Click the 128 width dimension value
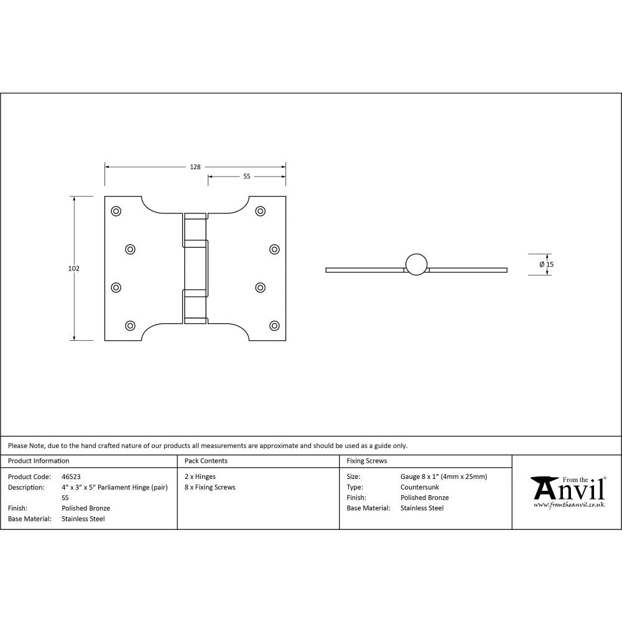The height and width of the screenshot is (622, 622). [x=195, y=167]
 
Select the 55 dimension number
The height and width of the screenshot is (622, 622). [x=246, y=177]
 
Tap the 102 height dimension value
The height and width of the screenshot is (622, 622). [x=74, y=269]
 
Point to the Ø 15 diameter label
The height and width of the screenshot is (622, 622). [x=546, y=264]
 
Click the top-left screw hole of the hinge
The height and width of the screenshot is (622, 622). [x=116, y=211]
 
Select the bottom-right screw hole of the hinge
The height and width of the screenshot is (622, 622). [x=274, y=325]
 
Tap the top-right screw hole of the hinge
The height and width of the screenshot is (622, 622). [x=260, y=211]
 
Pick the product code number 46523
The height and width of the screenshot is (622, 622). [x=71, y=477]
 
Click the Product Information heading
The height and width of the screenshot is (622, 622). [x=39, y=461]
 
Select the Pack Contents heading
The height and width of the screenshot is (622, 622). [x=206, y=461]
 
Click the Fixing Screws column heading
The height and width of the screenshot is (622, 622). [x=366, y=461]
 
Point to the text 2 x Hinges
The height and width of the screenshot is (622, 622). [x=200, y=477]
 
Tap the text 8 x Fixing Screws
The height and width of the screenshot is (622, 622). [x=210, y=488]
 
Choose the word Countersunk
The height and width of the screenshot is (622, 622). [x=419, y=488]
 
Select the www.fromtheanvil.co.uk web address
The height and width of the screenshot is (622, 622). [x=569, y=505]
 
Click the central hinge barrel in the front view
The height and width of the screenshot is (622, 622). [x=195, y=268]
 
